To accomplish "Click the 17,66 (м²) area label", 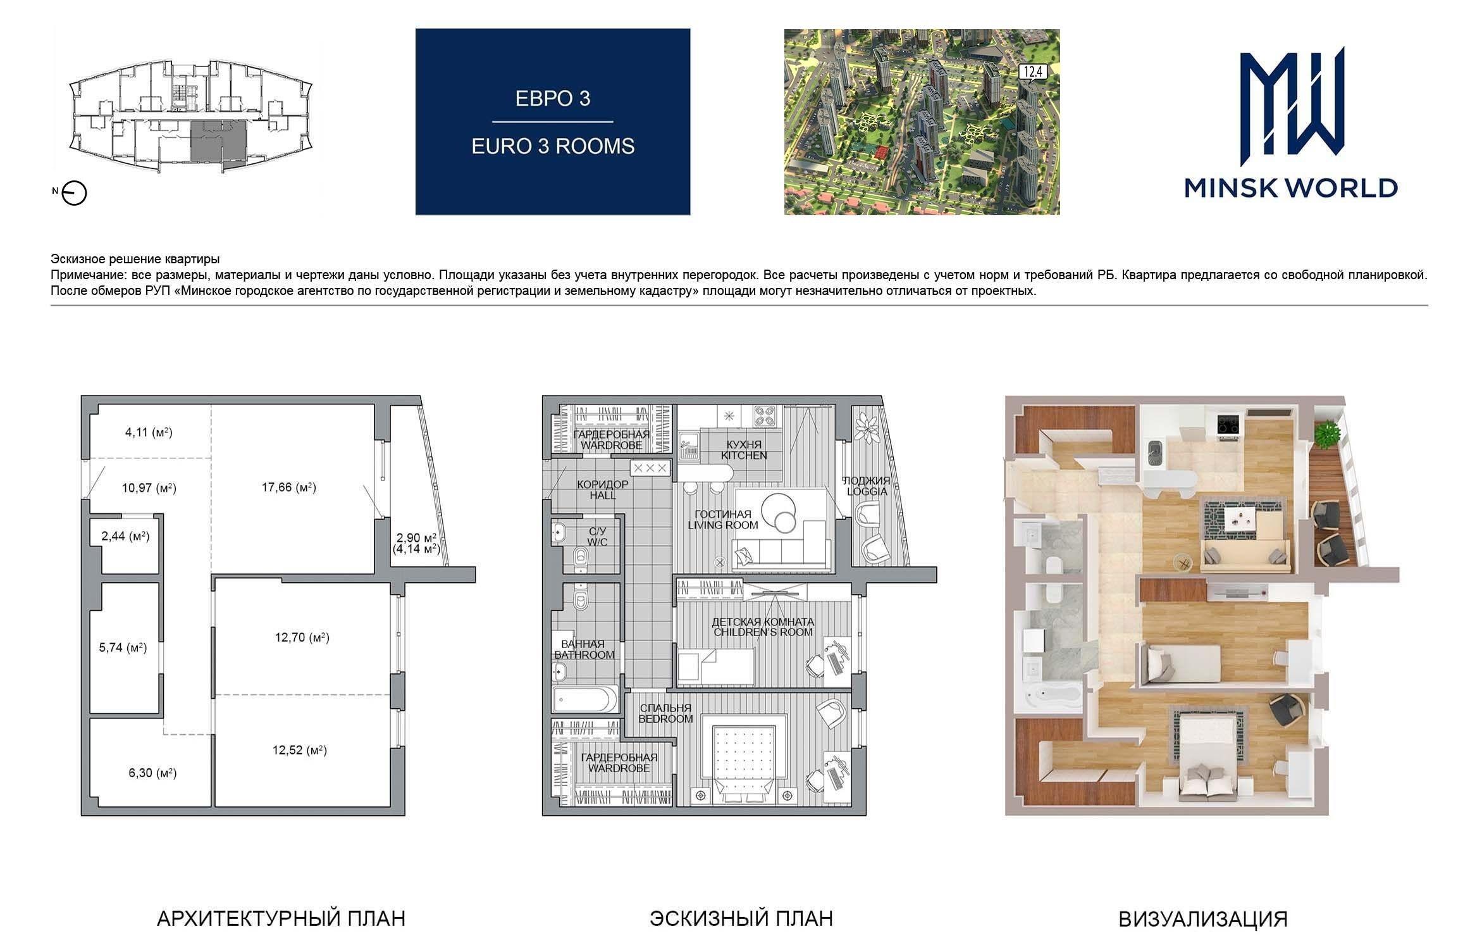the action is pos(289,487).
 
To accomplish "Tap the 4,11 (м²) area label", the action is pos(149,433).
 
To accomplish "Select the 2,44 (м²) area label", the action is pos(125,537).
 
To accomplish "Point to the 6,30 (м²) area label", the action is pos(152,773).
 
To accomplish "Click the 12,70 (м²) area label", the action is pos(302,637).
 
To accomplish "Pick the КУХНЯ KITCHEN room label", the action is pos(744,450).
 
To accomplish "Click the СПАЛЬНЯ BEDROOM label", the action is pos(665,713).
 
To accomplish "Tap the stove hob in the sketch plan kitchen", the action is pos(767,416).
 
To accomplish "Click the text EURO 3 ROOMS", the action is pos(553,146).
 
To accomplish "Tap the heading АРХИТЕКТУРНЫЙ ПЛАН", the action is pos(281,918).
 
